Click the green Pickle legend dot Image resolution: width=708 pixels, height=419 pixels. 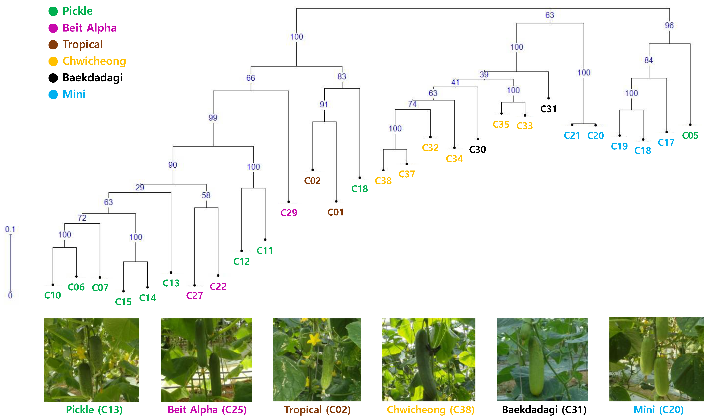(53, 11)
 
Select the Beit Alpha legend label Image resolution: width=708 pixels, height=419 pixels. (89, 28)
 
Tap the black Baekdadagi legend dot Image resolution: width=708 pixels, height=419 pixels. (53, 78)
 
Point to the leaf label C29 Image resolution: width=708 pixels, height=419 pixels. (289, 213)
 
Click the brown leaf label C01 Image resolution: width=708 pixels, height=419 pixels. (336, 212)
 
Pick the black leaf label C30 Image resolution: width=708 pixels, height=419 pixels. (477, 149)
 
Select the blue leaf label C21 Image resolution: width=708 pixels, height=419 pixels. (572, 136)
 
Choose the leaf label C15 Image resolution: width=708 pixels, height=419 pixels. (123, 302)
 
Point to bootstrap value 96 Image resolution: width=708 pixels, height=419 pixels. (669, 25)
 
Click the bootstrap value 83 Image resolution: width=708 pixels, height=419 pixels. (342, 76)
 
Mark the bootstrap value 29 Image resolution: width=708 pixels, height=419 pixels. (140, 187)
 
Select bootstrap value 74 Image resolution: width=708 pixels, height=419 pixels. (412, 104)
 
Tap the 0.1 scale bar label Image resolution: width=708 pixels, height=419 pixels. (10, 229)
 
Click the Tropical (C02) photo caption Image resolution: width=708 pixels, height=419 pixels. (317, 410)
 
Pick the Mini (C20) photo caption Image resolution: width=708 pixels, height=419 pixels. (658, 410)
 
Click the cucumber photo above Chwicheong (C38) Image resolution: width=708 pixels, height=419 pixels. (429, 360)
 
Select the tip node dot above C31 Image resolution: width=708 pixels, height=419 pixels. (548, 98)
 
